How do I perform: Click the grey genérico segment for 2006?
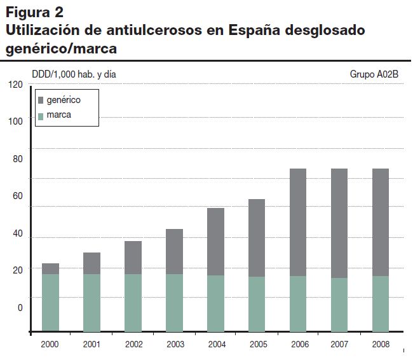coord(298,222)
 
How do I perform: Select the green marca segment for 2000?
coord(51,303)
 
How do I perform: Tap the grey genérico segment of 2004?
coord(215,242)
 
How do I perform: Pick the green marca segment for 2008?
coord(380,303)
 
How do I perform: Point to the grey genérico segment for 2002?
coord(133,258)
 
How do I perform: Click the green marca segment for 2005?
coord(257,304)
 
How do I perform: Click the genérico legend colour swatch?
coord(41,100)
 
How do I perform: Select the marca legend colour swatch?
coord(41,116)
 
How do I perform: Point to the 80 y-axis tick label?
coord(18,160)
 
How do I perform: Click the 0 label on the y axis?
coord(20,308)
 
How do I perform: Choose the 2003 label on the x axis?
coord(174,344)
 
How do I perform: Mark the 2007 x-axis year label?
coord(339,344)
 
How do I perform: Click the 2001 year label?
coord(91,344)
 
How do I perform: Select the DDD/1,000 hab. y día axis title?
coord(74,74)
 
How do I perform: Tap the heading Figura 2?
coord(34,12)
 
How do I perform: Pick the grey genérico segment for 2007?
coord(339,223)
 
